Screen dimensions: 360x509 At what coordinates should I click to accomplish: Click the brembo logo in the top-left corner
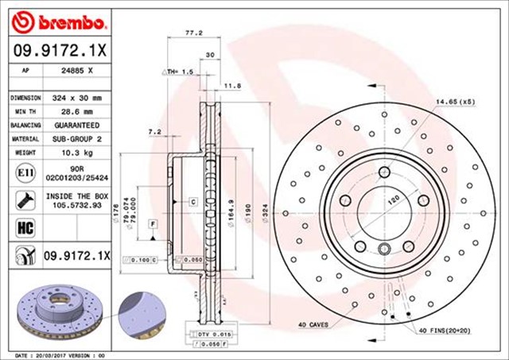(x=47, y=17)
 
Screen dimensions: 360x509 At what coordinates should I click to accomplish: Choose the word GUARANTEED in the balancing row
(x=78, y=126)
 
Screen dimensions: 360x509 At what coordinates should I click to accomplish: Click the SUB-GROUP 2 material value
(x=78, y=139)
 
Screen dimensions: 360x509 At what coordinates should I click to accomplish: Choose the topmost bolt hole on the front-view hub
(x=384, y=172)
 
